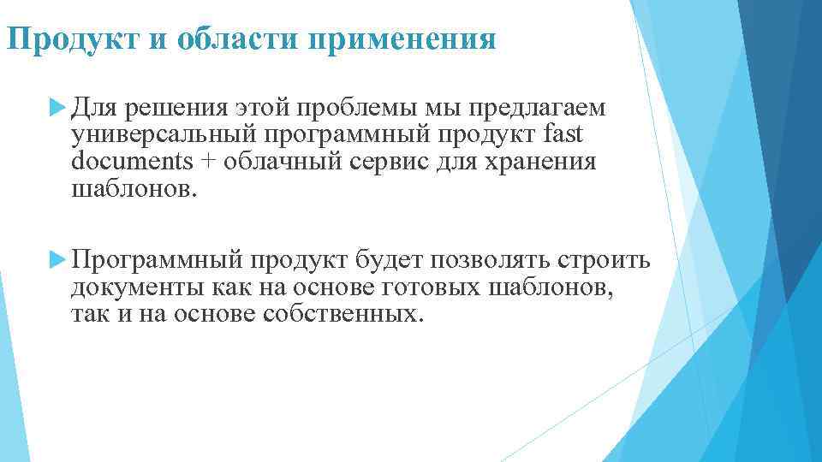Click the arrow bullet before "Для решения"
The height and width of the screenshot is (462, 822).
click(x=58, y=107)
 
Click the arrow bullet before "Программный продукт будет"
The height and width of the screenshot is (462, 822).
click(x=58, y=258)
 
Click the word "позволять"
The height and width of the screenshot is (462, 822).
click(x=494, y=259)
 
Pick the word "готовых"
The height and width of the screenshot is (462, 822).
click(x=436, y=287)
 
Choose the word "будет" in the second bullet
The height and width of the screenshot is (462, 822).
click(x=392, y=259)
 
